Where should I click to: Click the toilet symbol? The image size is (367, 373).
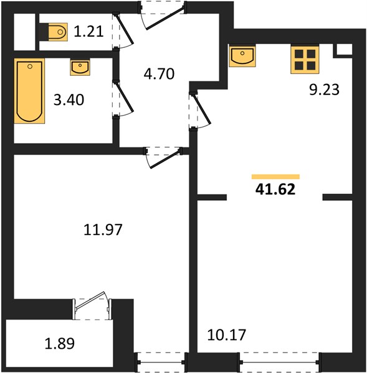54,32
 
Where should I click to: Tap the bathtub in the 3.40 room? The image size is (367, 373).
29,91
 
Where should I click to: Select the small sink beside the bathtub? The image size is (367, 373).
80,68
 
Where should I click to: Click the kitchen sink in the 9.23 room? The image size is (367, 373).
242,57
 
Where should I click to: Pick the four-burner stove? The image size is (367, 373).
305,60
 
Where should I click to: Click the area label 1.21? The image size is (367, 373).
88,32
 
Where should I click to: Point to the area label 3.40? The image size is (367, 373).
69,99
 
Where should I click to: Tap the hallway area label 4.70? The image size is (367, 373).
159,74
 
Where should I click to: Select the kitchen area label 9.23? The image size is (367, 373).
324,90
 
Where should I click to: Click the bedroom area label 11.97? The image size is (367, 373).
103,229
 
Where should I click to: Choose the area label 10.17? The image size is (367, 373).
227,334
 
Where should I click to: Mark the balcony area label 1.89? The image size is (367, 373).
60,343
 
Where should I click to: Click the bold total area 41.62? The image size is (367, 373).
275,190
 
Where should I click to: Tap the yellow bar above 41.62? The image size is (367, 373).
275,177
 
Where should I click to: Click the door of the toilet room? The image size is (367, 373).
123,31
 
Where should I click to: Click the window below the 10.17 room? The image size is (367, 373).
280,362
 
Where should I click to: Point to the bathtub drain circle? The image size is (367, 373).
30,67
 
